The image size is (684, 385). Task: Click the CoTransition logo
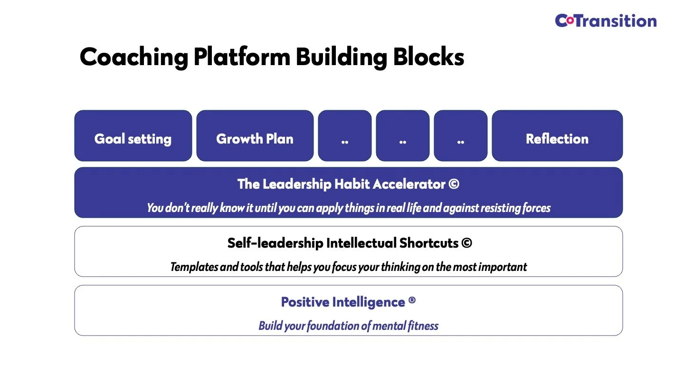tap(606, 21)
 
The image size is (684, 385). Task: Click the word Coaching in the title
tap(133, 58)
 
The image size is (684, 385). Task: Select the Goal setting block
tap(133, 139)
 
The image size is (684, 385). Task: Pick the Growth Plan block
tap(255, 139)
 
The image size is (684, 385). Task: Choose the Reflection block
tap(557, 139)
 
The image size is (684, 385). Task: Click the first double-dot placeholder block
tap(345, 139)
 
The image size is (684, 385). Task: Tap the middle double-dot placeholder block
tap(403, 139)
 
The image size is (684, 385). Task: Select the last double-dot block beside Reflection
tap(461, 139)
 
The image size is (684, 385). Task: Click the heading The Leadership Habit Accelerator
tap(342, 184)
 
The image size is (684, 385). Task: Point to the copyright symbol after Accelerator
tap(454, 184)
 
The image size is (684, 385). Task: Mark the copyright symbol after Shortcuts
tap(466, 243)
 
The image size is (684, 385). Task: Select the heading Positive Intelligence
tap(342, 302)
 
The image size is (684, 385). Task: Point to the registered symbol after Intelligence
tap(412, 301)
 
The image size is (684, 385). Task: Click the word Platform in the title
tap(242, 58)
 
